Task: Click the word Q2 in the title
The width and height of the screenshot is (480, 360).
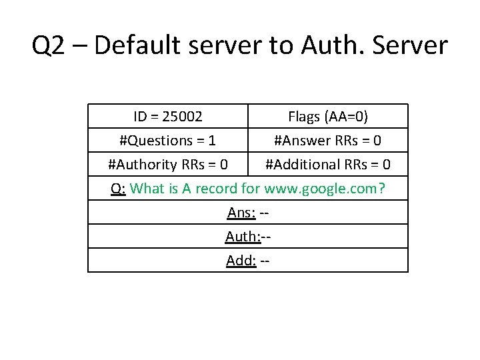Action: coord(47,45)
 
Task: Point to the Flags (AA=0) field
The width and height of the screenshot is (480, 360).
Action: coord(327,117)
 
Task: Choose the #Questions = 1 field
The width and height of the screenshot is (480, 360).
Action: coord(167,141)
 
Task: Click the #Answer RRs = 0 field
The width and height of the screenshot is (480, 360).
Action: coord(327,141)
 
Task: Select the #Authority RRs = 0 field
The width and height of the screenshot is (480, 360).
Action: coord(167,165)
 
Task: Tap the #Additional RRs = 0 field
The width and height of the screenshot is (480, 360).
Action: coord(327,165)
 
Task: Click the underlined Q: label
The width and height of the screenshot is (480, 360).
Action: coord(118,189)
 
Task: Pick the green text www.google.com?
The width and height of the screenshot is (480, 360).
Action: coord(325,189)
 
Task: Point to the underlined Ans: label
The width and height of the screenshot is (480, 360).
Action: coord(240,213)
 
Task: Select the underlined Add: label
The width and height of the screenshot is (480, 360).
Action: coord(241,261)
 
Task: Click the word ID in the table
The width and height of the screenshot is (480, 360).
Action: coord(140,117)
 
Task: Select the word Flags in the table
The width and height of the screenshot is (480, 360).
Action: coord(304,117)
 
